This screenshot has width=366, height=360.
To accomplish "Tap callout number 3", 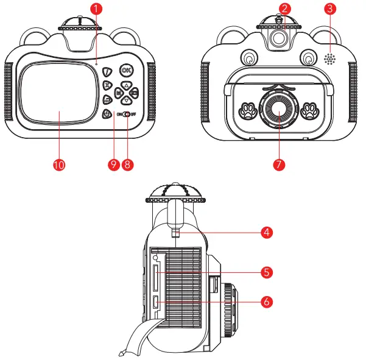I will pos(329,9).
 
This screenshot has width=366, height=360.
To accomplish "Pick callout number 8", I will pos(127,164).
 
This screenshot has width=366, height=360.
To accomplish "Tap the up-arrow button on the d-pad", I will pos(125,85).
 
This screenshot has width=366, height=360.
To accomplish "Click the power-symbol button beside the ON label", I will pos(107,113).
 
